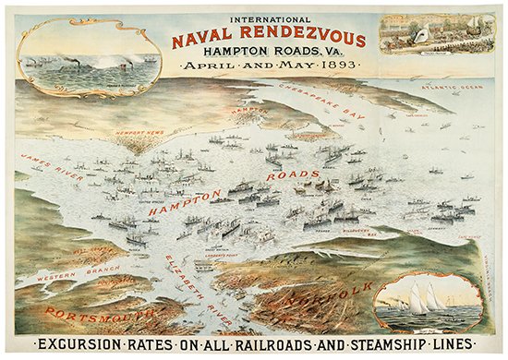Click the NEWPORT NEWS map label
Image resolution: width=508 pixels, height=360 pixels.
pyautogui.click(x=139, y=132)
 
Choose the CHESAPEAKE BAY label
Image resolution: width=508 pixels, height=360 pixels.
pyautogui.click(x=327, y=102)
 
